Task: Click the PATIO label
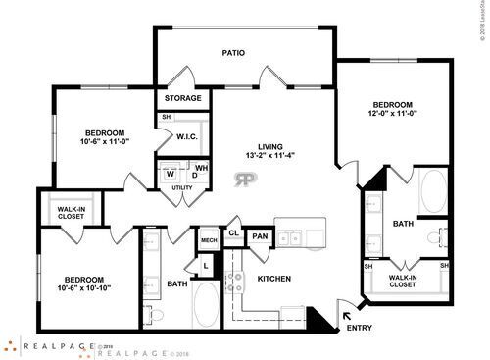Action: pos(232,53)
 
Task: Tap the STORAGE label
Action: pos(183,98)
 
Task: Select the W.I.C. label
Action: pos(188,136)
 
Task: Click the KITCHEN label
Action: pos(273,280)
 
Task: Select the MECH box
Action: pos(208,239)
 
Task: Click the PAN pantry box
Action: pos(260,236)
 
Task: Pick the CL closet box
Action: pos(234,232)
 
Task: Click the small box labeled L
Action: pos(207,264)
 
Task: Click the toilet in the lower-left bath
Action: pos(155,315)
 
